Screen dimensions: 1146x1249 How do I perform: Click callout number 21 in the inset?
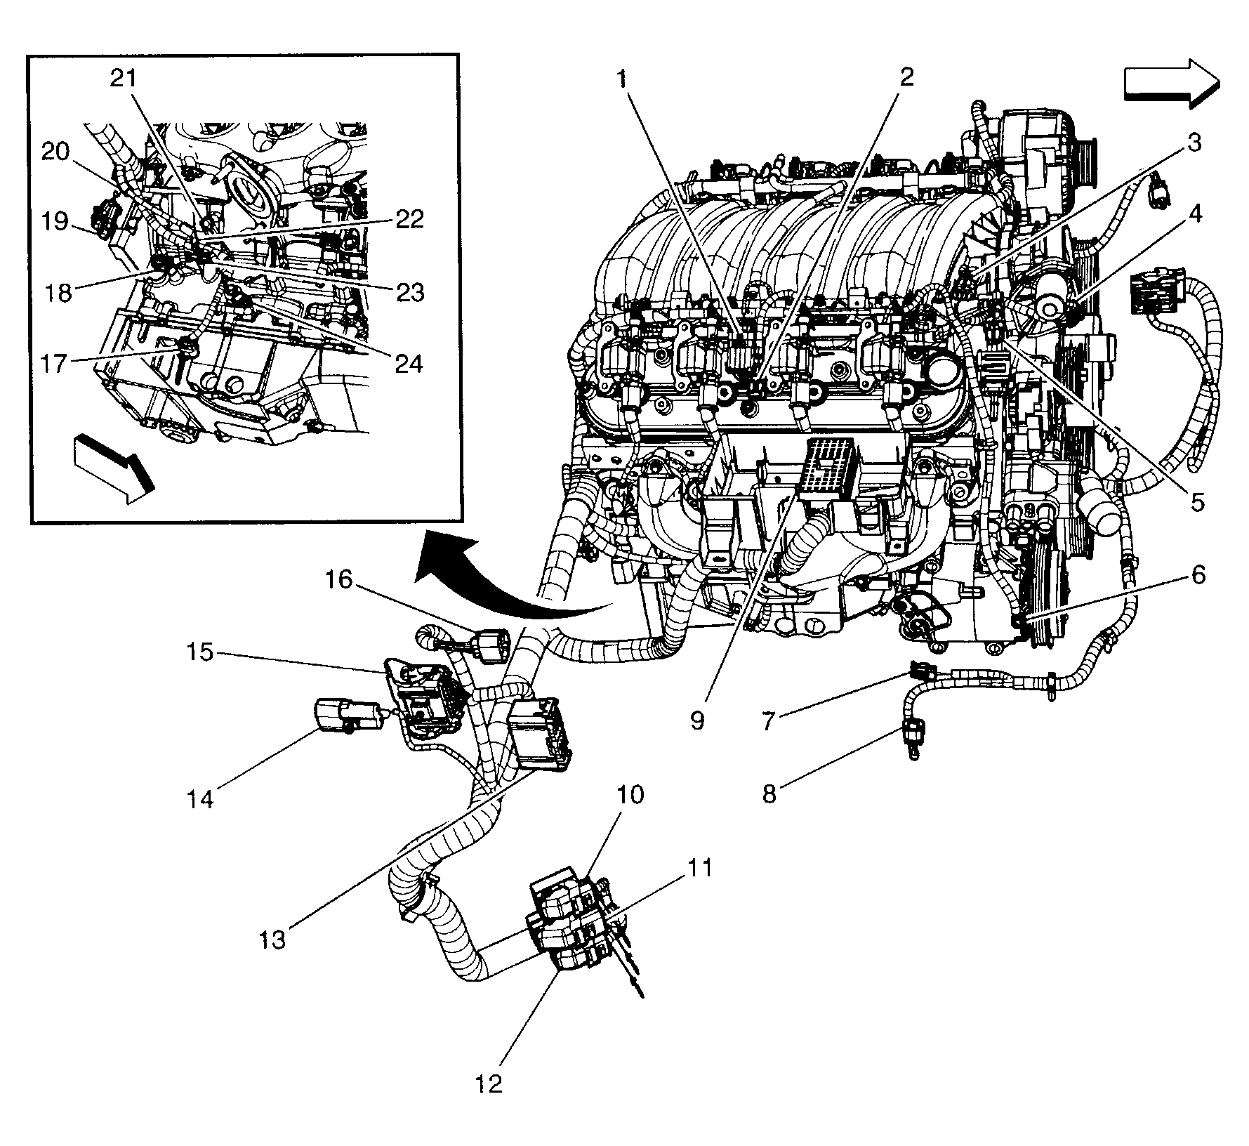(126, 78)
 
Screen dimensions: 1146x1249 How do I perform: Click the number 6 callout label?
(1198, 575)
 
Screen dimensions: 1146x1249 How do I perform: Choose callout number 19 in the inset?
(54, 223)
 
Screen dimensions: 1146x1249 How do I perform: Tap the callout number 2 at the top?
(906, 77)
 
